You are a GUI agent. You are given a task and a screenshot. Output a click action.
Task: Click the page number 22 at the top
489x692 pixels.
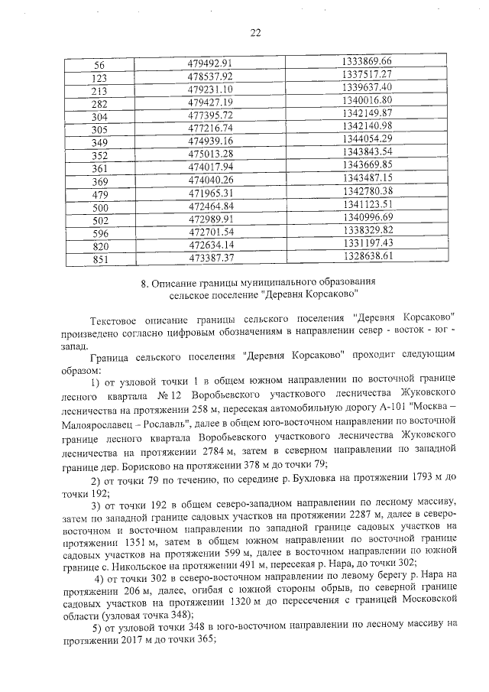[x=255, y=32]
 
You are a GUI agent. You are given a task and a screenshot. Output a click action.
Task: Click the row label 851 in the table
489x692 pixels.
[x=99, y=257]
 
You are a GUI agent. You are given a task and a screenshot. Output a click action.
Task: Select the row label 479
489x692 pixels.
[x=99, y=192]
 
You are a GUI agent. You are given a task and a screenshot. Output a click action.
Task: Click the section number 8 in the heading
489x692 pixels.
[x=145, y=282]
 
